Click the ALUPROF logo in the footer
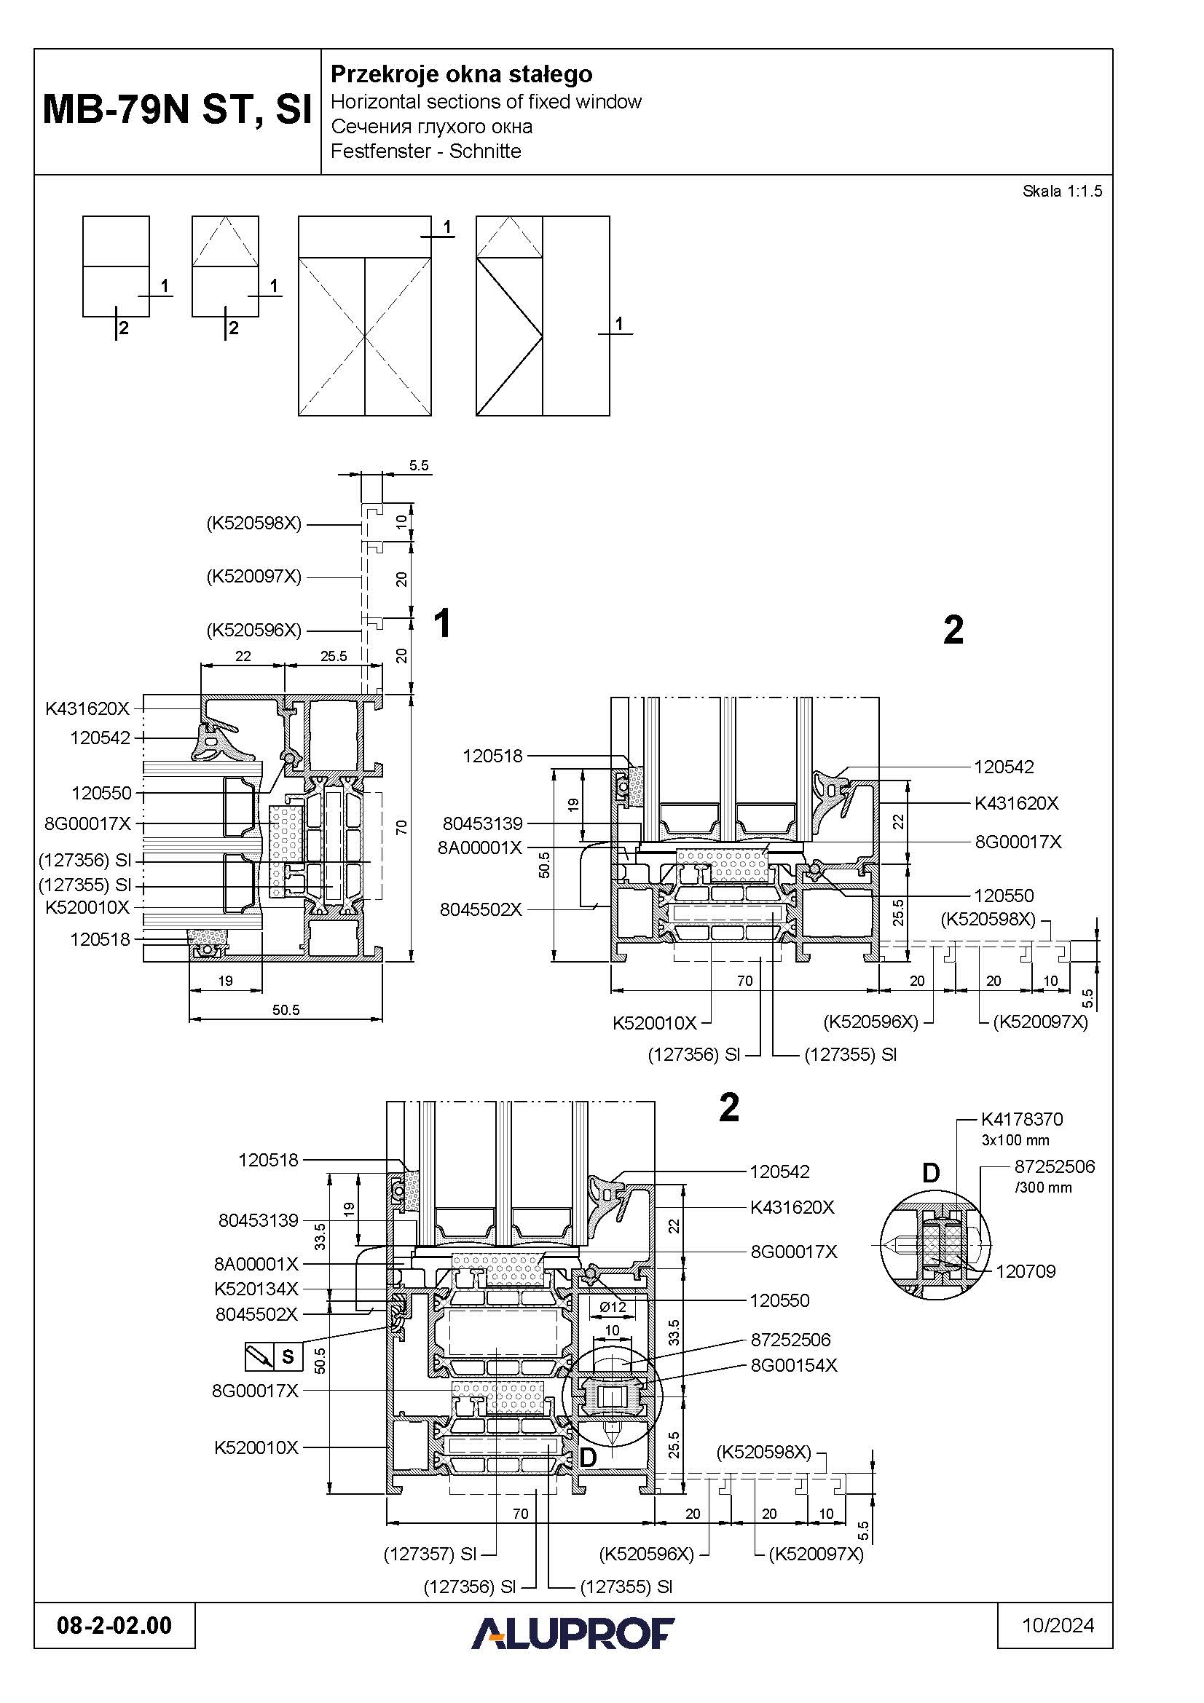[573, 1632]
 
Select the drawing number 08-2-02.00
[114, 1625]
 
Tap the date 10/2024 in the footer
[1058, 1625]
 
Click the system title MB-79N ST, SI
[177, 110]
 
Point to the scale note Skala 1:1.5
[1061, 191]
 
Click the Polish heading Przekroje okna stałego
[460, 74]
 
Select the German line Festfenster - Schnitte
[425, 151]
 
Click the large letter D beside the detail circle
[930, 1173]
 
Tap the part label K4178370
[1021, 1119]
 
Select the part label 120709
[1026, 1271]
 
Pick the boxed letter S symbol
[288, 1356]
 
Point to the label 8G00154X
[794, 1364]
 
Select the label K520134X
[256, 1289]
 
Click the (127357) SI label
[430, 1554]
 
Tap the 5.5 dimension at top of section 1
[418, 466]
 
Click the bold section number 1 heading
[442, 623]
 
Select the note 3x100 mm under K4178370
[1015, 1140]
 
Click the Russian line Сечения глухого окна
[431, 127]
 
